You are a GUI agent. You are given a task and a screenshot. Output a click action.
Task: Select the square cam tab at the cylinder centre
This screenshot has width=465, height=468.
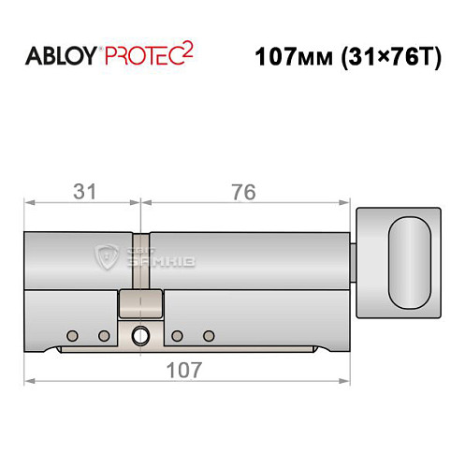[x=139, y=305]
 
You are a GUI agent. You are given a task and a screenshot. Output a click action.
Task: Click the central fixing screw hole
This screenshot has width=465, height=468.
[x=139, y=334]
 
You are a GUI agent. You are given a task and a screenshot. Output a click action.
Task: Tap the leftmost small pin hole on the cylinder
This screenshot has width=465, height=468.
[x=71, y=334]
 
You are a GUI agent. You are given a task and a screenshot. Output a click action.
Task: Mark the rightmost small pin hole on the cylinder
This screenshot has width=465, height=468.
[x=209, y=334]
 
